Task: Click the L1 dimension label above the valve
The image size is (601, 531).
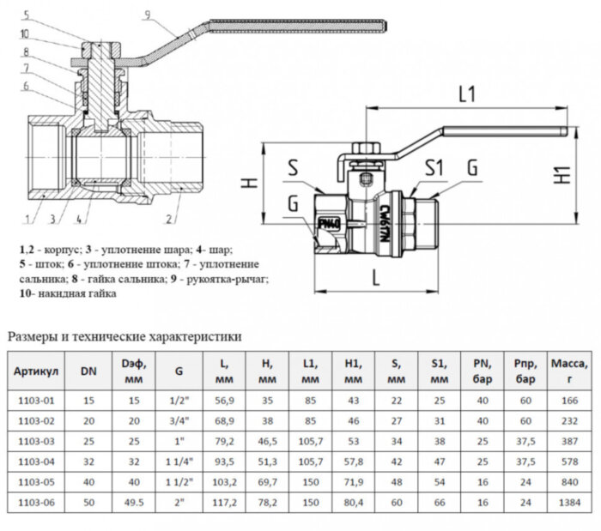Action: [x=467, y=95]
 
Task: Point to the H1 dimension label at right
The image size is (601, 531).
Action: [x=564, y=174]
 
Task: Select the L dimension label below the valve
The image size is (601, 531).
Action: [x=377, y=276]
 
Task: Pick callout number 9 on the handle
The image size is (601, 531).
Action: [x=148, y=14]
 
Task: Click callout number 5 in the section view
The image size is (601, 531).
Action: [x=25, y=15]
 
